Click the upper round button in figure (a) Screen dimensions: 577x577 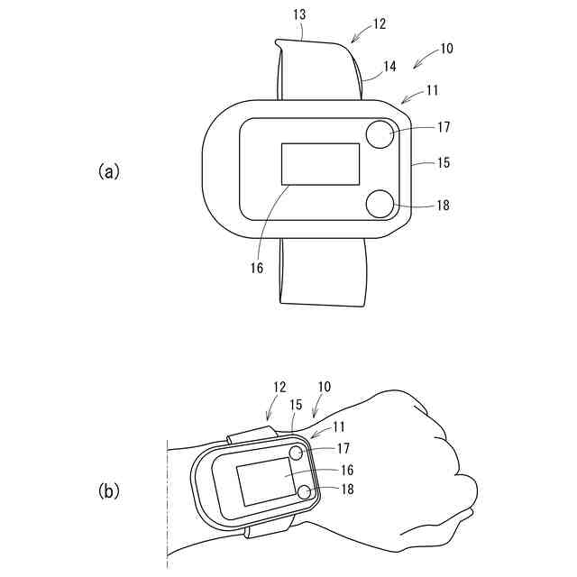(x=380, y=135)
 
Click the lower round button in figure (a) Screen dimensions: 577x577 (x=380, y=204)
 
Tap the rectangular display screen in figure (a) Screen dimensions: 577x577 (x=320, y=164)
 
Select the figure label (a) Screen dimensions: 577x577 (x=108, y=170)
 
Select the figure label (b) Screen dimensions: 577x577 (x=108, y=490)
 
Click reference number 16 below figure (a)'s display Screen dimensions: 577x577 (x=257, y=268)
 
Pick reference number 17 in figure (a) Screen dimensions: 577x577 (x=443, y=127)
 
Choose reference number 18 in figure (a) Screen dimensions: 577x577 (x=443, y=205)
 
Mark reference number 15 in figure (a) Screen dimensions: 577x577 (x=443, y=163)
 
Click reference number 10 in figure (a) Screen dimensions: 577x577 (x=445, y=49)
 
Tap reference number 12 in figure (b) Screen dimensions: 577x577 (x=279, y=387)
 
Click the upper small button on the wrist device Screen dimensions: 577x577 (x=295, y=453)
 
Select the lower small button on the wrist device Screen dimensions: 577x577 (x=305, y=491)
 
